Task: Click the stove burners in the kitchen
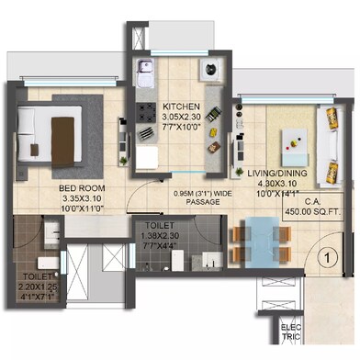146,111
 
